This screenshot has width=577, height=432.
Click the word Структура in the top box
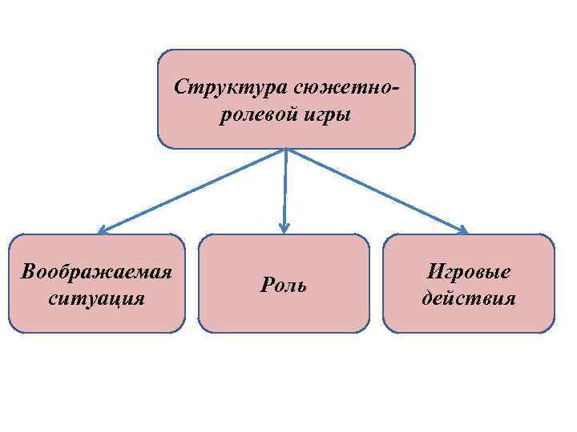[232, 86]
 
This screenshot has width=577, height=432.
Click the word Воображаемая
[97, 271]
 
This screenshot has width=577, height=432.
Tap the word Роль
[284, 285]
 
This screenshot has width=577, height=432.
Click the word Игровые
[469, 271]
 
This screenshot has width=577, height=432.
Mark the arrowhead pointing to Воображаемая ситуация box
[102, 231]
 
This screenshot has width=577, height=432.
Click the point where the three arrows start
[285, 149]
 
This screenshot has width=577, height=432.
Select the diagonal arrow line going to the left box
[192, 190]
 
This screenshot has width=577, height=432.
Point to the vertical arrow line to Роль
[284, 188]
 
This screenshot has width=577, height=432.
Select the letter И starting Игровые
[434, 271]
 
